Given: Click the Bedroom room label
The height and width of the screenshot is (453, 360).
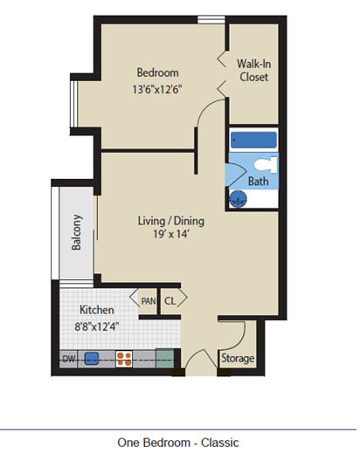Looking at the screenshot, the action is click(157, 72).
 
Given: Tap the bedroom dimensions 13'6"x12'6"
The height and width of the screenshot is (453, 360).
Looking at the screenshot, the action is click(157, 89).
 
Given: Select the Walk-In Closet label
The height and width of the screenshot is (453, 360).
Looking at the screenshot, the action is click(253, 71).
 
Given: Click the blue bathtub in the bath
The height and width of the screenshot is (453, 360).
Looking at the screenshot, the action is click(253, 140).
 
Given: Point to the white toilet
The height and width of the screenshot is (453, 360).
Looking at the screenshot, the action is click(266, 165).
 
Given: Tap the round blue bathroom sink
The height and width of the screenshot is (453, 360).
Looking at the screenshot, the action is click(239, 199).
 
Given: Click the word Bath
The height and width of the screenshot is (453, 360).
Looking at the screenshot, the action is click(258, 182).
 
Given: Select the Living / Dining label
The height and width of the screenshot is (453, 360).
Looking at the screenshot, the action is click(171, 221).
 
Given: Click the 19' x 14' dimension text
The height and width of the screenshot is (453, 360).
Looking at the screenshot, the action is click(171, 234).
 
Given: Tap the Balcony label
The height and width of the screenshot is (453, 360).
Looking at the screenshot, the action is click(77, 232).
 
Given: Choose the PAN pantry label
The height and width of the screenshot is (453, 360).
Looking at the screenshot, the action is click(149, 301).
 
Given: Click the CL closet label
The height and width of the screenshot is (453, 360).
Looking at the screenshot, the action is click(170, 301).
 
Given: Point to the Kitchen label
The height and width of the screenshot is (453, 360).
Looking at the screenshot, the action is click(97, 310).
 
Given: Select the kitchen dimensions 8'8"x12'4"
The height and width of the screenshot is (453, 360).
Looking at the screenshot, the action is click(96, 326).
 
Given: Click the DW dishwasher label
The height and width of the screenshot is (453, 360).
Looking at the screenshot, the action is click(69, 359).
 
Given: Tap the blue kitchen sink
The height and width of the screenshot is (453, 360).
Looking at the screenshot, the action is click(92, 359).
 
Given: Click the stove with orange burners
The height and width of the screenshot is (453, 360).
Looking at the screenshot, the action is click(124, 359).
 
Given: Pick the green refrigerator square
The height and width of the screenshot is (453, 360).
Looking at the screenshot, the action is click(165, 359).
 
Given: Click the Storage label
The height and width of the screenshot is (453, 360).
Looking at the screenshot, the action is click(238, 358).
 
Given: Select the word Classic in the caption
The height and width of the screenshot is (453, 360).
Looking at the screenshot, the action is click(220, 443).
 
